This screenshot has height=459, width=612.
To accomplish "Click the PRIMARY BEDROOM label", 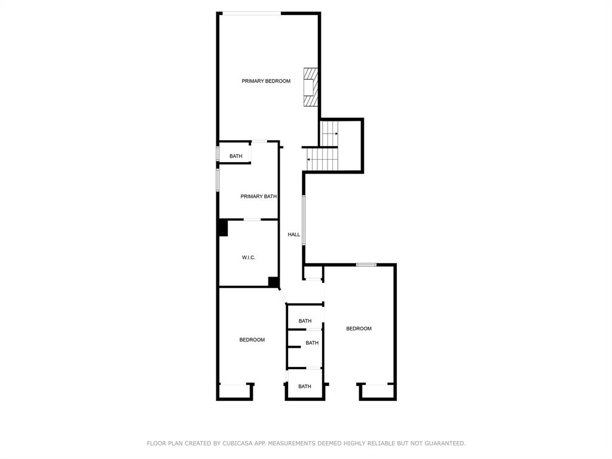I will pyautogui.click(x=266, y=81).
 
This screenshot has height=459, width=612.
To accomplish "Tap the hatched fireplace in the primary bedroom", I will pyautogui.click(x=310, y=87).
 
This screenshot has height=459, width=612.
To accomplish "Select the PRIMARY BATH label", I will pyautogui.click(x=258, y=196).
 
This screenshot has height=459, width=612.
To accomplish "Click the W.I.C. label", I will pyautogui.click(x=249, y=257).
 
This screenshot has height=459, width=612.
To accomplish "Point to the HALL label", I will pyautogui.click(x=293, y=235).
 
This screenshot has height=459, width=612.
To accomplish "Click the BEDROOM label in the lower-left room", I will pyautogui.click(x=252, y=340).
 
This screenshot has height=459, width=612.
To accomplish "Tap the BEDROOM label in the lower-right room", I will pyautogui.click(x=359, y=329).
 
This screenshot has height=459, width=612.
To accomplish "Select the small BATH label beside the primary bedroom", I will pyautogui.click(x=235, y=156).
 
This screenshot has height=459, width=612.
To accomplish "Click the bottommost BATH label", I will pyautogui.click(x=305, y=387).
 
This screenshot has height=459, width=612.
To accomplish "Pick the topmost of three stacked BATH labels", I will pyautogui.click(x=305, y=321).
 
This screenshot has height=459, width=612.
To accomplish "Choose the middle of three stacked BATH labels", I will pyautogui.click(x=312, y=343).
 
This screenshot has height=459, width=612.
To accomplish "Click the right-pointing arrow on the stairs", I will pyautogui.click(x=331, y=134).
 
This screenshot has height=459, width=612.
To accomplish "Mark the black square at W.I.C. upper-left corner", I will pyautogui.click(x=222, y=228).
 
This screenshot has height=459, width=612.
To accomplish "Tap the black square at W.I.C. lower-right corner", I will pyautogui.click(x=273, y=282).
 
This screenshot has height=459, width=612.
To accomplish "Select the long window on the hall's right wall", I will pyautogui.click(x=304, y=220).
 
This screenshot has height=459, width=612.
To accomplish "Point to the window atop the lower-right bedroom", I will pyautogui.click(x=366, y=265).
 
